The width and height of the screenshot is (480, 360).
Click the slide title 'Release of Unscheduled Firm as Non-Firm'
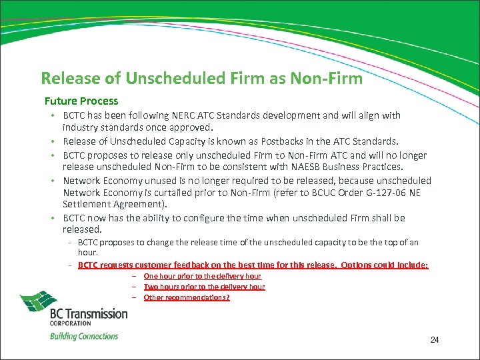click(201, 79)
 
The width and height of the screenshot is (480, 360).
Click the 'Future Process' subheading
click(81, 101)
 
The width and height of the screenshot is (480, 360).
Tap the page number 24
click(434, 341)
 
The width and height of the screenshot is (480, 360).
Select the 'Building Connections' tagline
click(84, 336)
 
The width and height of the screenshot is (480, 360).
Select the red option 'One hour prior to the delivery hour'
click(203, 276)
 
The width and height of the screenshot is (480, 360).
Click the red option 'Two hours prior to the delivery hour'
click(204, 287)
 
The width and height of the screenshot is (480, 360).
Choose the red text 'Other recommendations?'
click(187, 297)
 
